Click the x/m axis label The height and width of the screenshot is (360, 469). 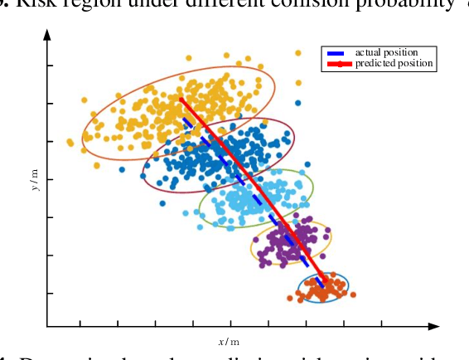(229, 342)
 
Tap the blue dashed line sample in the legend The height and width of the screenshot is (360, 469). (338, 52)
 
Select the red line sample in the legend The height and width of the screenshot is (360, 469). (338, 63)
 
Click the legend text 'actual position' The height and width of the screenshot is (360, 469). (386, 52)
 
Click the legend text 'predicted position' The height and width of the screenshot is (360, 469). (394, 63)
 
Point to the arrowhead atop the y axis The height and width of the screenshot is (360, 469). (46, 35)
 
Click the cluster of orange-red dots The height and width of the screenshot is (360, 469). (324, 288)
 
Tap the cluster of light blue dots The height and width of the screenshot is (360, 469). (249, 199)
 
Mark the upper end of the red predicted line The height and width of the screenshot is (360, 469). (181, 100)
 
